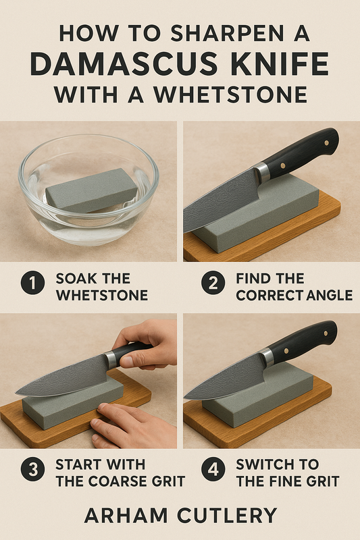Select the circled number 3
coord(32,469)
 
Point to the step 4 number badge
coord(213,469)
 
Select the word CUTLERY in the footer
coord(228,516)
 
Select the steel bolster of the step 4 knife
coord(267,358)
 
